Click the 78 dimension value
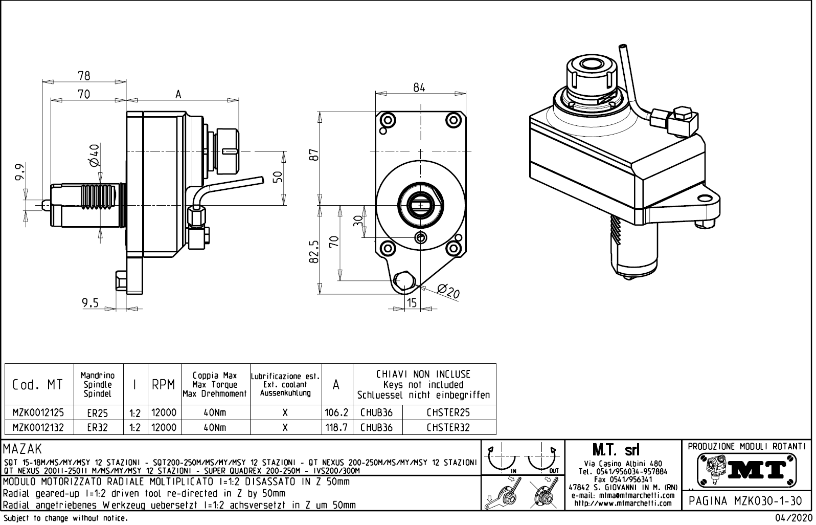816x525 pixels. point(84,76)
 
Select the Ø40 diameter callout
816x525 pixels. point(94,155)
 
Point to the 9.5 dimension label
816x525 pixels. point(90,303)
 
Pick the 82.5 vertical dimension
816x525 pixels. point(314,251)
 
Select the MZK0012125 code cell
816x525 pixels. point(38,412)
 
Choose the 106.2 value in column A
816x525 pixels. point(336,412)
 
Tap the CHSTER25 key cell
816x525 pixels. point(448,412)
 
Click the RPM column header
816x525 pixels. point(164,385)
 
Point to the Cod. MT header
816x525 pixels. point(38,385)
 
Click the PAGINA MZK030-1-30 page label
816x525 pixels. point(745,501)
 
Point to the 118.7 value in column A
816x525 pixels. point(336,428)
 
